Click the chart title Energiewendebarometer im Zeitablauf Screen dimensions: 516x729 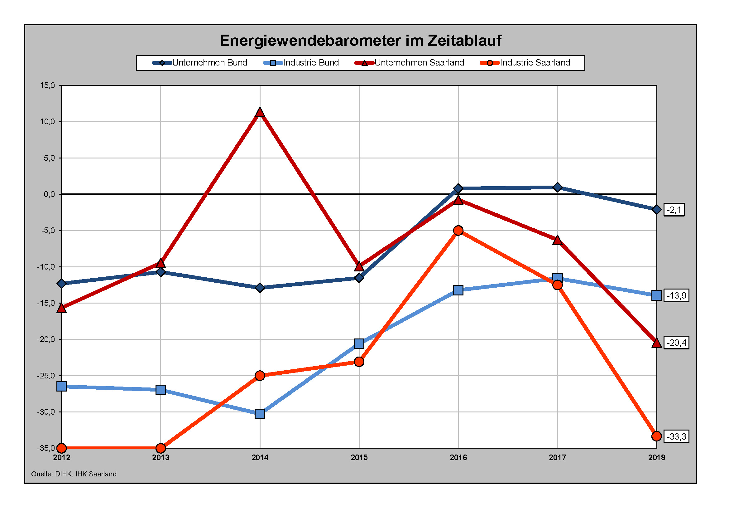point(360,41)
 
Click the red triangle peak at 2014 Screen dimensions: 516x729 point(260,112)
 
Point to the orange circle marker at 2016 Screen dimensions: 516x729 point(458,230)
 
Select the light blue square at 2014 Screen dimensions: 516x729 point(260,414)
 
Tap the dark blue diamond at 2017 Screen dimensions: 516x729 point(557,187)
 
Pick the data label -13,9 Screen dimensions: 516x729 point(676,295)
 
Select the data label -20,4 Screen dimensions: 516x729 point(676,343)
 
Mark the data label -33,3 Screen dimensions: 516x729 point(676,436)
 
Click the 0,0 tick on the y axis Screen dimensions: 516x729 point(49,194)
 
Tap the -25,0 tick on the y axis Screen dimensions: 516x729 point(46,376)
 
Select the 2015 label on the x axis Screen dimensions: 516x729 point(359,458)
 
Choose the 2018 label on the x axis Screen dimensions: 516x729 point(656,458)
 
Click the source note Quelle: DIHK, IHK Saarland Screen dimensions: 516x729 point(74,474)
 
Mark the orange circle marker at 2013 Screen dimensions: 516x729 point(161,448)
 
